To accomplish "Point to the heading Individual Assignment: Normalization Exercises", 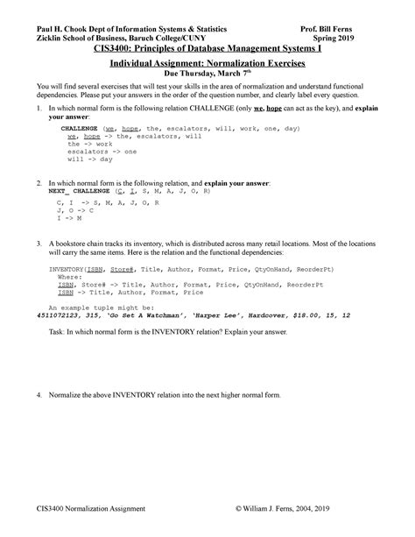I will (x=207, y=64).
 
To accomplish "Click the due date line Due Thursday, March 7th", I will (x=207, y=74).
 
